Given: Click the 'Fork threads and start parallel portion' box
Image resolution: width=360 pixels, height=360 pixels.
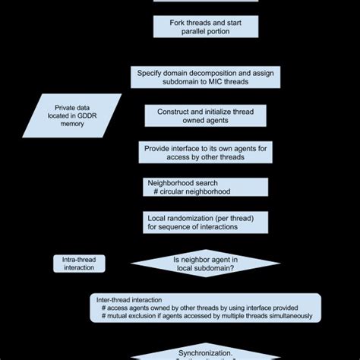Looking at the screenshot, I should click(205, 26).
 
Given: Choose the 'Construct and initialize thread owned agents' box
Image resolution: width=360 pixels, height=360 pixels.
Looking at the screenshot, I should click(205, 116).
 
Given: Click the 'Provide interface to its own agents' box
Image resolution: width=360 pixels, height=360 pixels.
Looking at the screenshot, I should click(205, 153).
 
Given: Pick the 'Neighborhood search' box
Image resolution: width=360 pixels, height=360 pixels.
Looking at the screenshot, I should click(205, 188).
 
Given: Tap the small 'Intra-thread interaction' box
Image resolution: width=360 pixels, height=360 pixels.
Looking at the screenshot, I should click(79, 263).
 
